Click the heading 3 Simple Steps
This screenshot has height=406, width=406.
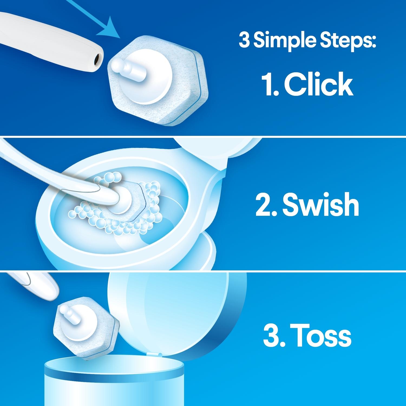307,41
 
